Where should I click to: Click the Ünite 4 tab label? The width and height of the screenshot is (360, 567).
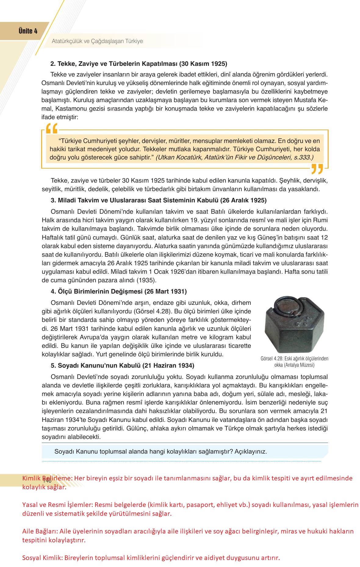(28, 31)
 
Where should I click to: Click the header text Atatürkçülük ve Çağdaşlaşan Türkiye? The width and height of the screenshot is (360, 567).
(97, 41)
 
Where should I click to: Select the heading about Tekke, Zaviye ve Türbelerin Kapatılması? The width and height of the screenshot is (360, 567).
(139, 64)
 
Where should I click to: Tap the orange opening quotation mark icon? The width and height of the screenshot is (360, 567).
(51, 129)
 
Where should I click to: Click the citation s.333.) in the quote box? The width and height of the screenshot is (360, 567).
(303, 158)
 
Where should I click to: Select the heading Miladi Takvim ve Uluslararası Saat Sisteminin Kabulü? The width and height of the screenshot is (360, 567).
(158, 201)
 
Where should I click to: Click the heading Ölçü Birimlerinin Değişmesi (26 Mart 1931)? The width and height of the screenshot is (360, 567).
(119, 291)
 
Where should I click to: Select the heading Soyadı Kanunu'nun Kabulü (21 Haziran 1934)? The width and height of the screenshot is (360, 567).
(122, 365)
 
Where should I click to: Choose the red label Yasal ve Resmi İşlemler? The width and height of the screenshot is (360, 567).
(55, 505)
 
